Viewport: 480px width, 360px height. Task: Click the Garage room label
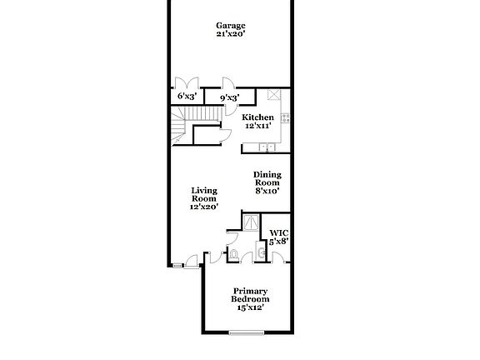[x=231, y=25]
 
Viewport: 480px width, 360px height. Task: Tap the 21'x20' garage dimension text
[x=231, y=35]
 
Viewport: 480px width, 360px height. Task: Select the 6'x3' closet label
[x=187, y=97]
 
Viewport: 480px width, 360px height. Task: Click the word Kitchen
[x=257, y=117]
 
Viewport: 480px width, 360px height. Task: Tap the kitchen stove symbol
[x=285, y=118]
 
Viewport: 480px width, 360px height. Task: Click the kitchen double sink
[x=267, y=147]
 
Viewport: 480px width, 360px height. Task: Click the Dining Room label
[x=267, y=178]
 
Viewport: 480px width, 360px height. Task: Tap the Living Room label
[x=204, y=194]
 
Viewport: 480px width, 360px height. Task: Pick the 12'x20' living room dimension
[x=204, y=207]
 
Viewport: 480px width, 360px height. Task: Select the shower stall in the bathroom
[x=249, y=222]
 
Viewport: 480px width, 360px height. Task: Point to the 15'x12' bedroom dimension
[x=250, y=307]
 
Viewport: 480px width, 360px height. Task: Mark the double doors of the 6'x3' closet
[x=187, y=83]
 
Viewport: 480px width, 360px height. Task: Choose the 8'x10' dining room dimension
[x=267, y=191]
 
